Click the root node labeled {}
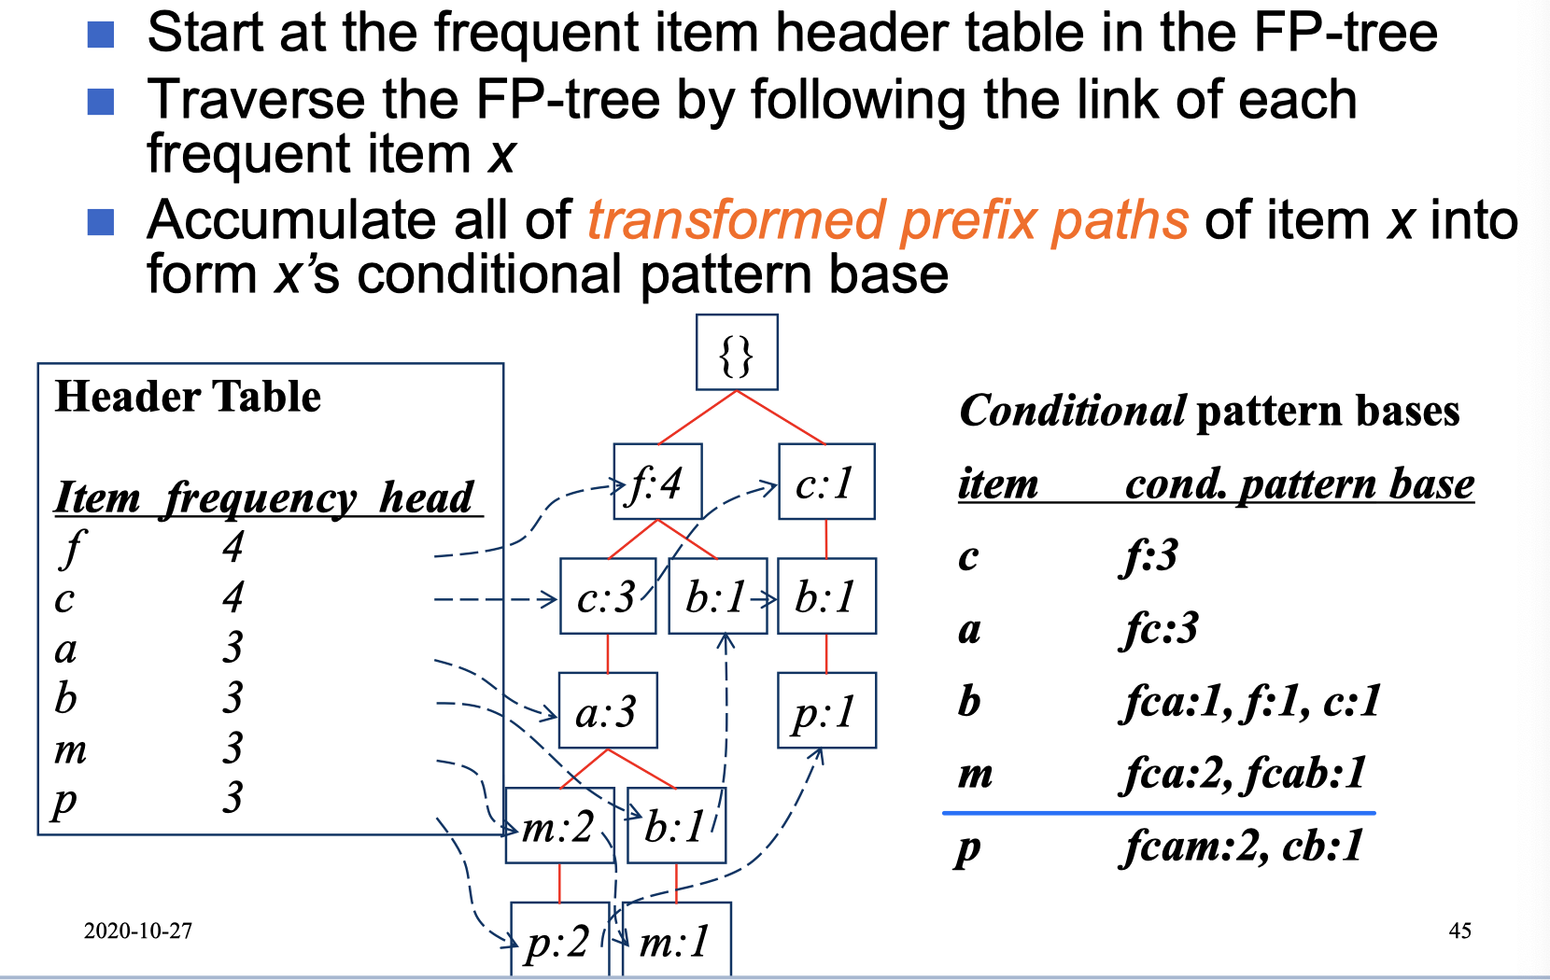[x=737, y=353]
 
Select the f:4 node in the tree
[x=657, y=482]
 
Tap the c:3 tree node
[x=608, y=596]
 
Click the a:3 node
[x=608, y=711]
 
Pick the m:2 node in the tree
[x=559, y=826]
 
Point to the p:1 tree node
[x=826, y=711]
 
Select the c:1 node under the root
[x=826, y=482]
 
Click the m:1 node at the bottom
[x=676, y=940]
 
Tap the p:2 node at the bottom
[x=559, y=940]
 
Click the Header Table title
[x=188, y=397]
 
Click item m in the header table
[x=70, y=749]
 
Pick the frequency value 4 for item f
[x=232, y=547]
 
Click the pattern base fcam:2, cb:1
[x=1243, y=847]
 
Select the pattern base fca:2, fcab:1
[x=1243, y=774]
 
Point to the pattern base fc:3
[x=1160, y=629]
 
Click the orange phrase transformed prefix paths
[x=888, y=220]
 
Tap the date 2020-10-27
[x=138, y=931]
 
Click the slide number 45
[x=1460, y=931]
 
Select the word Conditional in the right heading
[x=1072, y=411]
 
